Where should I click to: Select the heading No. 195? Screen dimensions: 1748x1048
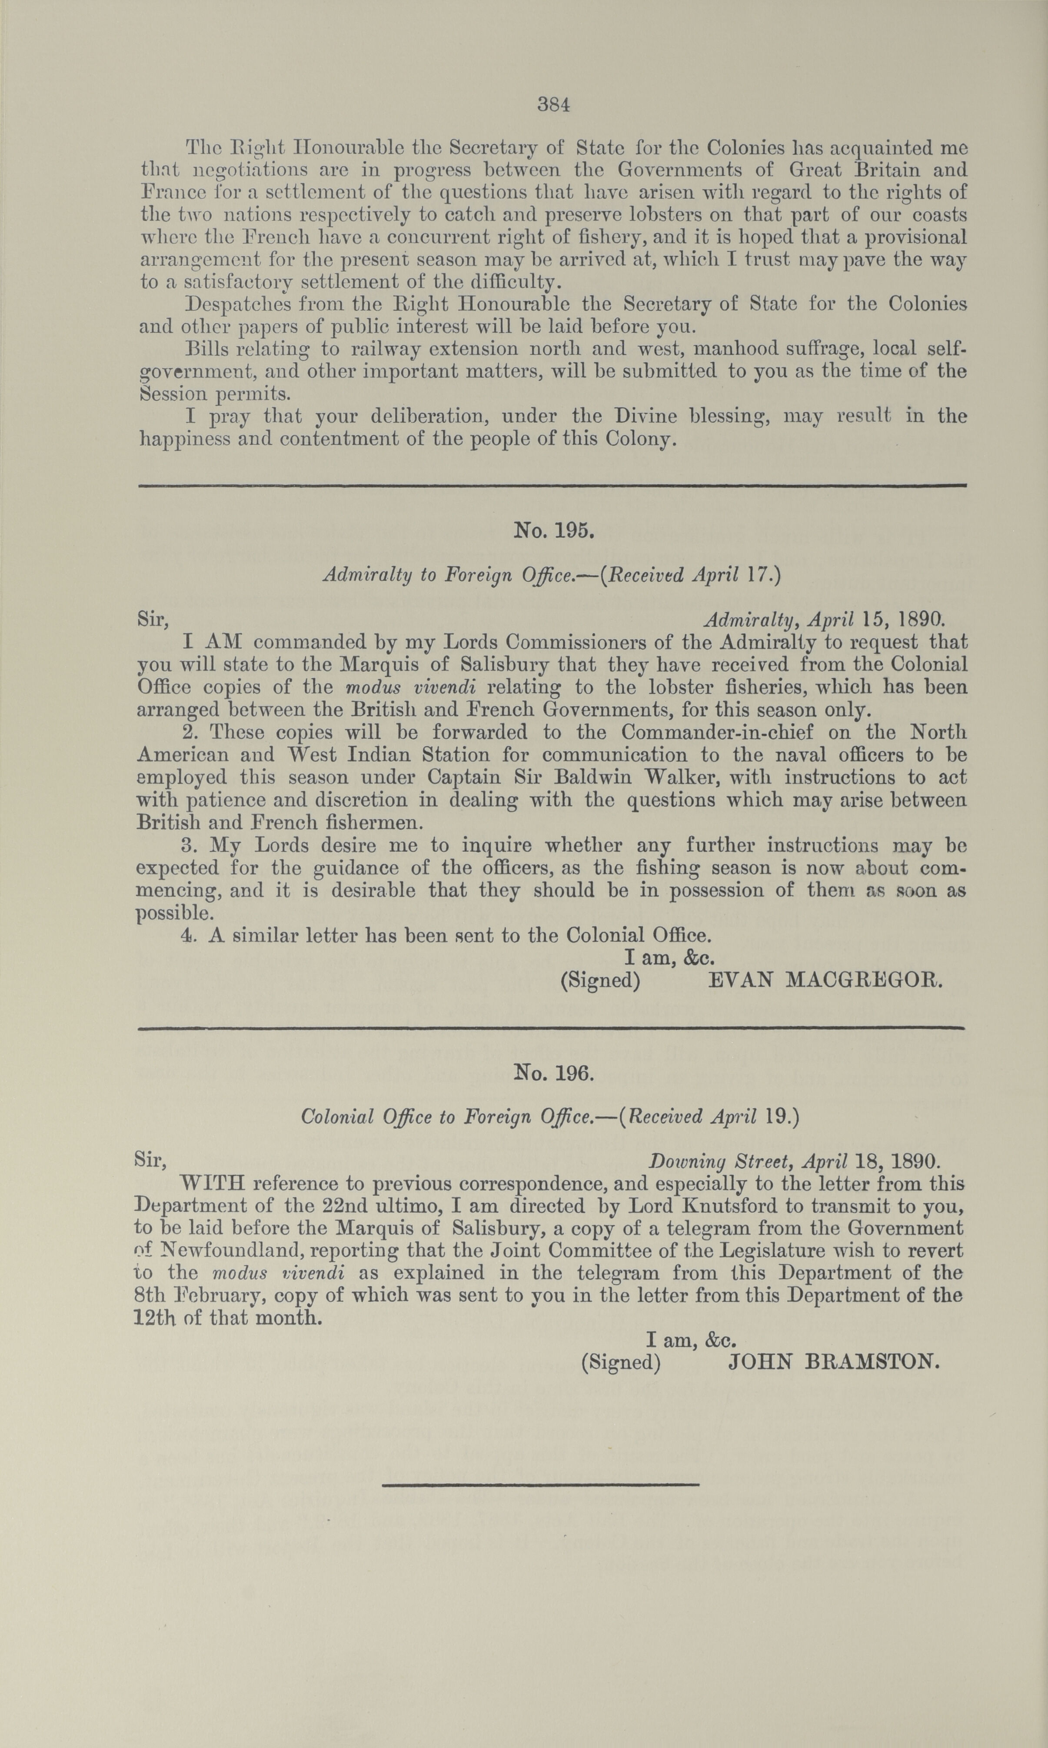coord(554,531)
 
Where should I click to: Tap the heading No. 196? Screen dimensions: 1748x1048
coord(554,1074)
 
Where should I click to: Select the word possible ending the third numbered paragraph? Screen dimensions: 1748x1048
coord(172,913)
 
